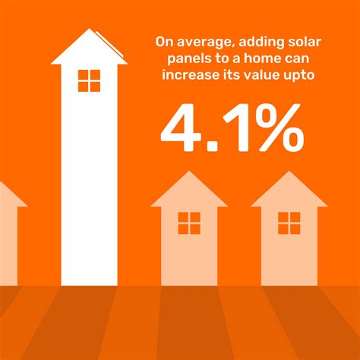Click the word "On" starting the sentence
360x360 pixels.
coord(164,42)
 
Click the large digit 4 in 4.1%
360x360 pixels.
coord(181,128)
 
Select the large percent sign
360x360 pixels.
coord(278,128)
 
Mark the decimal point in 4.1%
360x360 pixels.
coord(212,146)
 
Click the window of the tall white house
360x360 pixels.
coord(89,81)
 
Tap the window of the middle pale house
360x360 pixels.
coord(189,223)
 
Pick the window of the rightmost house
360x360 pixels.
coord(289,223)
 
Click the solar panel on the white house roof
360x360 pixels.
coord(109,43)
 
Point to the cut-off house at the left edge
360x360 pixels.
coord(10,233)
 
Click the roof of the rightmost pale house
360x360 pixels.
coord(289,191)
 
